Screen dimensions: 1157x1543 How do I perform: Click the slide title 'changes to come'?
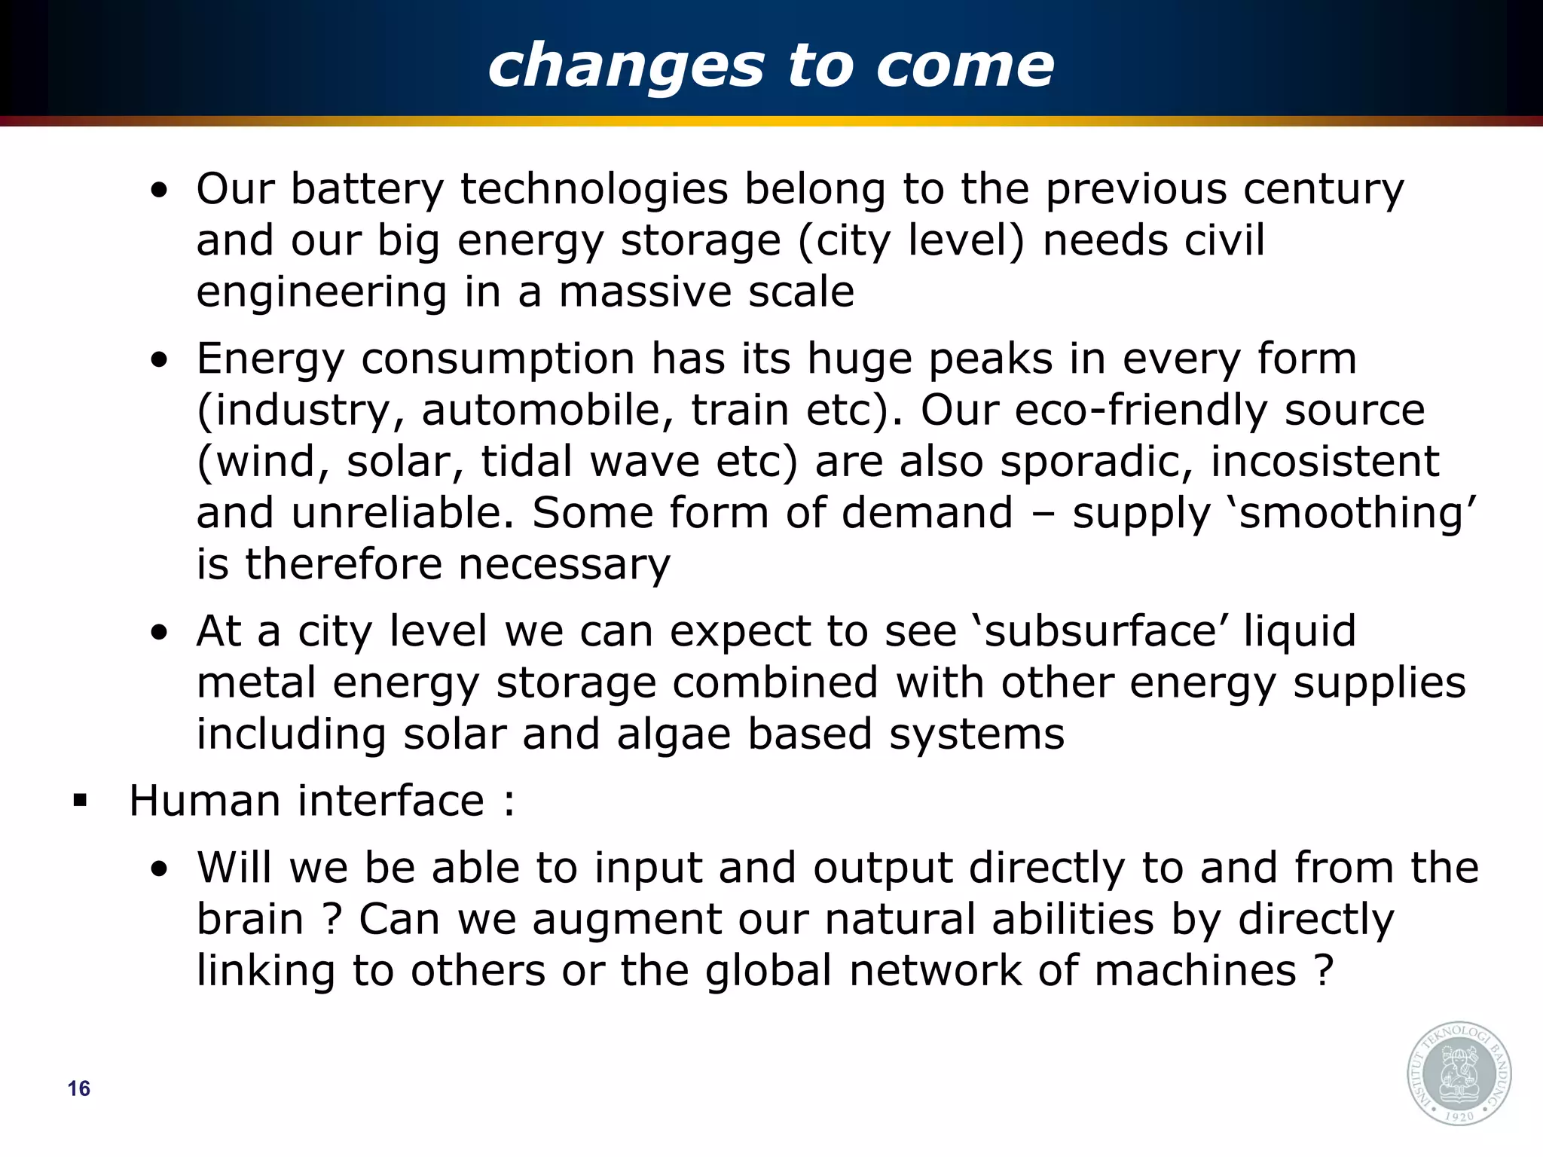coord(771,66)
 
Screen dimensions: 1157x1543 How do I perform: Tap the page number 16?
coord(78,1088)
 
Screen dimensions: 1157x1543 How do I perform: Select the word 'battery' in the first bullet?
coord(367,189)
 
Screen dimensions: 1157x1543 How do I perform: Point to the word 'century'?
coord(1323,189)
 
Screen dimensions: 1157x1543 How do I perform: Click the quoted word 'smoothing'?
coord(1357,514)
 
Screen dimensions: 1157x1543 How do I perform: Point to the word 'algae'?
coord(674,734)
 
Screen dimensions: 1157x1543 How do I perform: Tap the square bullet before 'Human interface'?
coord(80,801)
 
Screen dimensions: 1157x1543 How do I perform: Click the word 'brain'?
coord(249,920)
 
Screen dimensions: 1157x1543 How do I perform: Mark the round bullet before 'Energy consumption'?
coord(159,360)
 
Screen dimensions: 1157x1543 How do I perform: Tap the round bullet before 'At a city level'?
coord(159,633)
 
